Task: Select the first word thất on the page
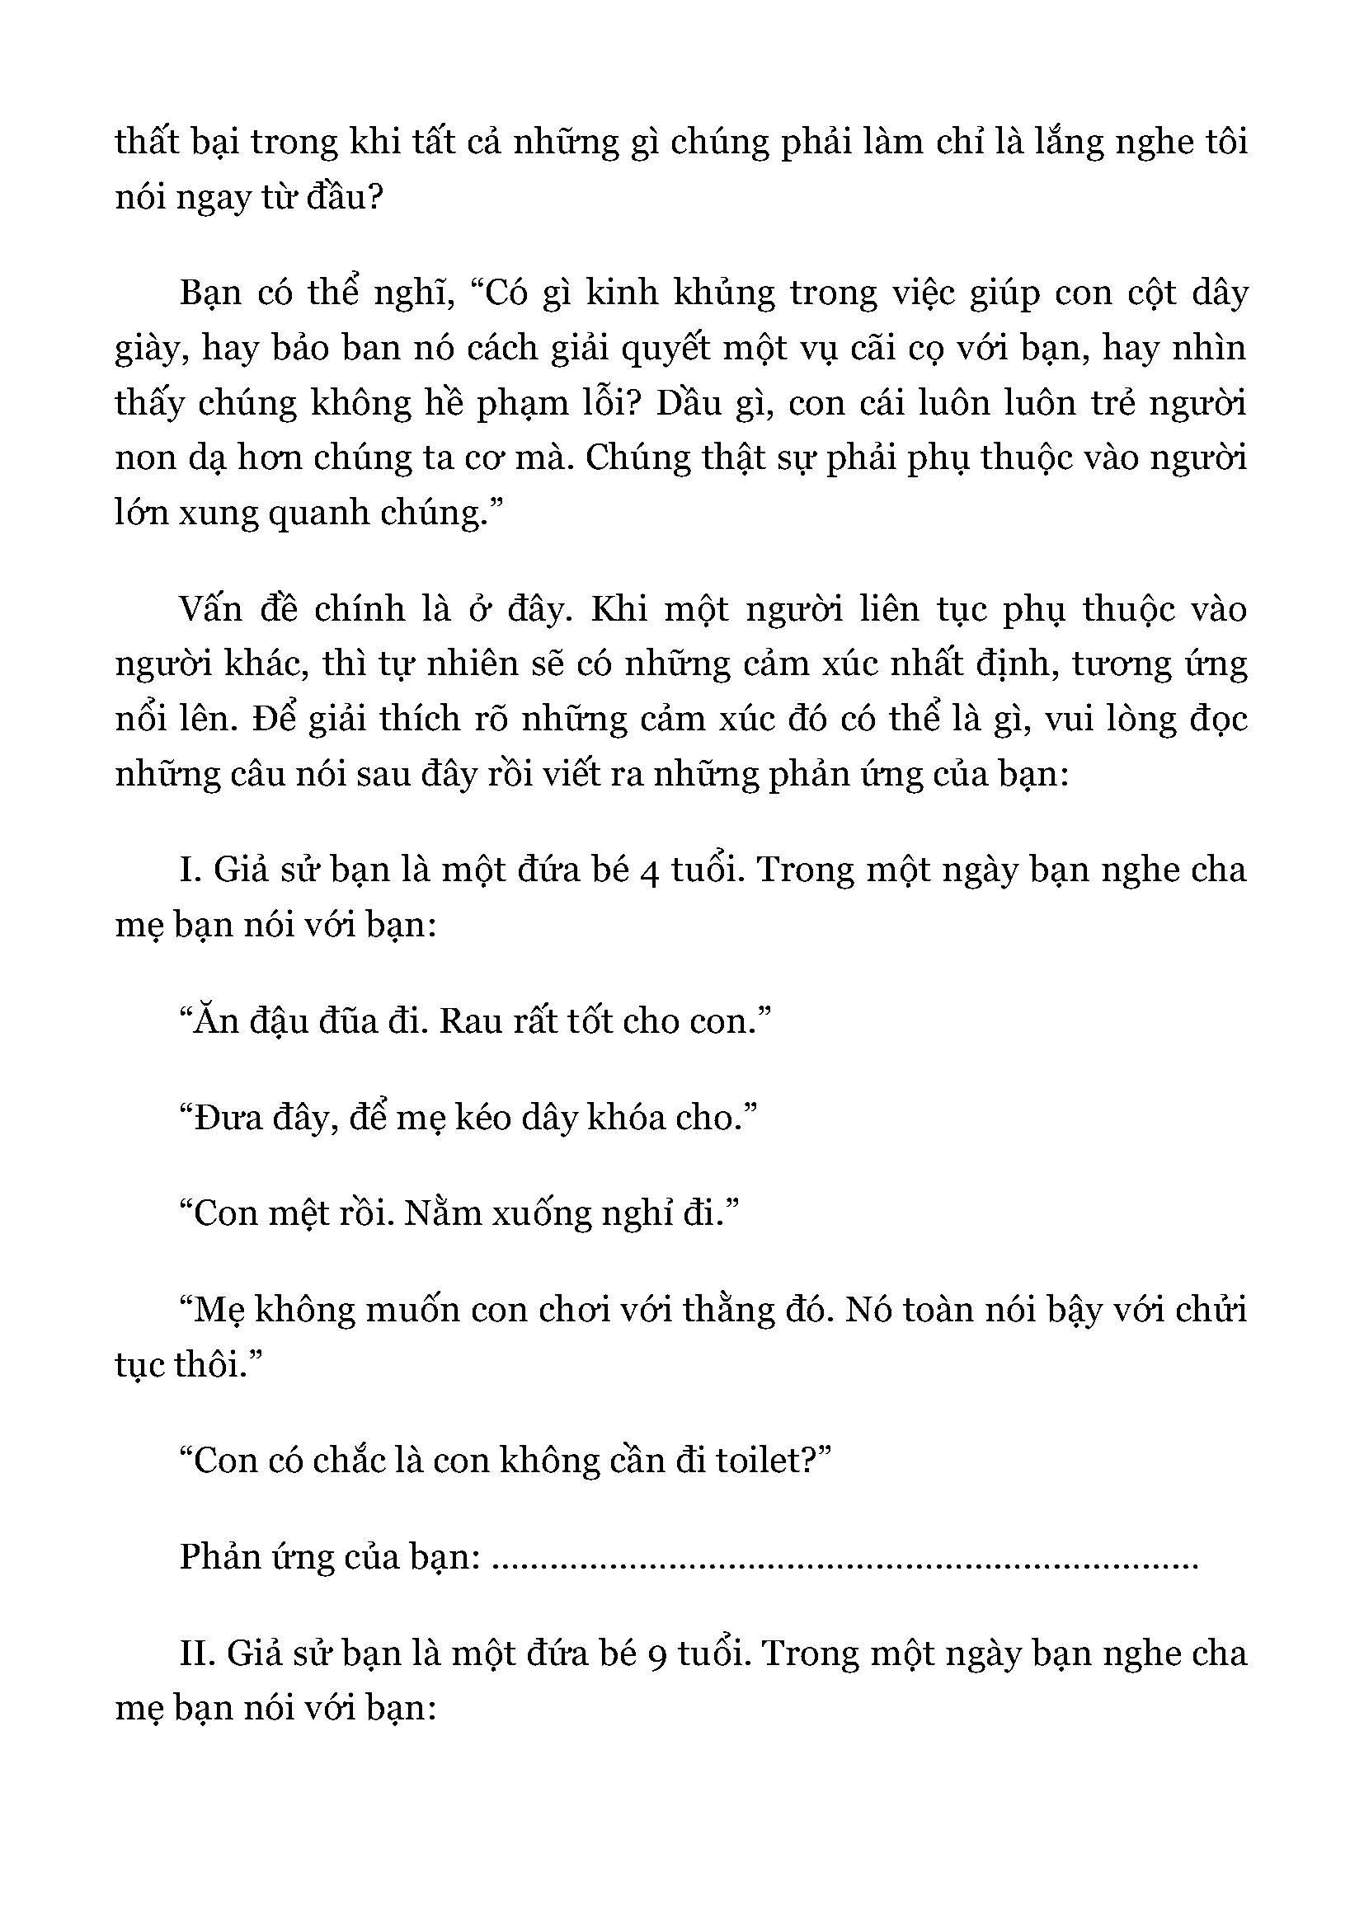pos(142,143)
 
